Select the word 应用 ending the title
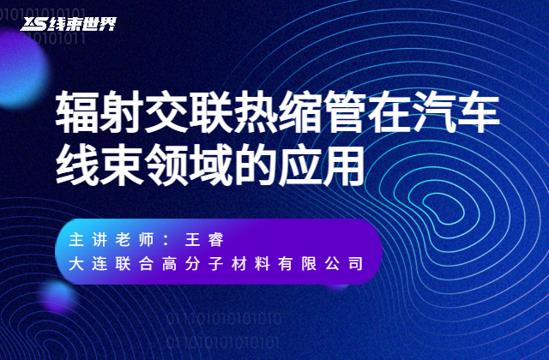click(x=320, y=160)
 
